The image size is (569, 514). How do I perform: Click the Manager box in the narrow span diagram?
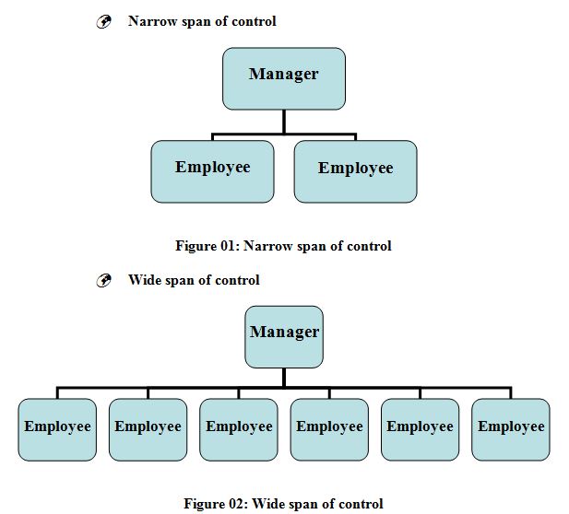(x=284, y=78)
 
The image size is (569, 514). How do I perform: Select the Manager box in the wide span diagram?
(x=284, y=336)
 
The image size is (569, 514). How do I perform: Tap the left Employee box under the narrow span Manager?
(x=212, y=171)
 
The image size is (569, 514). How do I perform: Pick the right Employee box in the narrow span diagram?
(x=355, y=171)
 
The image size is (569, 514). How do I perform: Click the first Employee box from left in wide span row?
(x=57, y=429)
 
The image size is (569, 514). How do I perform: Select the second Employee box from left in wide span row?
(x=148, y=429)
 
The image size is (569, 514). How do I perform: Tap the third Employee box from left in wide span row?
(x=239, y=429)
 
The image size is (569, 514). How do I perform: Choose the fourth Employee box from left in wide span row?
(x=329, y=429)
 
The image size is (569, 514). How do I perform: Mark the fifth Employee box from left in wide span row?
(x=420, y=429)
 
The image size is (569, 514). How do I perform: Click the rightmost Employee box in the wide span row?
(x=511, y=429)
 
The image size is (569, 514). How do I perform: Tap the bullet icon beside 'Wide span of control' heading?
(x=104, y=281)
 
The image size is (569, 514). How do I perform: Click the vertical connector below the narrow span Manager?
(x=284, y=122)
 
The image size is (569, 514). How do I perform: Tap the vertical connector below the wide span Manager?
(x=284, y=378)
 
